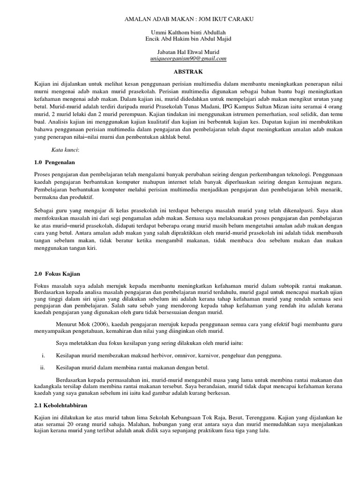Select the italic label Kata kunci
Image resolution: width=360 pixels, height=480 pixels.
[x=65, y=150]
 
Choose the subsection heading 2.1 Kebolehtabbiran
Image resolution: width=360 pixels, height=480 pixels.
[x=61, y=404]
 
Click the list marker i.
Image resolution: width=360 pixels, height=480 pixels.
[x=43, y=356]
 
